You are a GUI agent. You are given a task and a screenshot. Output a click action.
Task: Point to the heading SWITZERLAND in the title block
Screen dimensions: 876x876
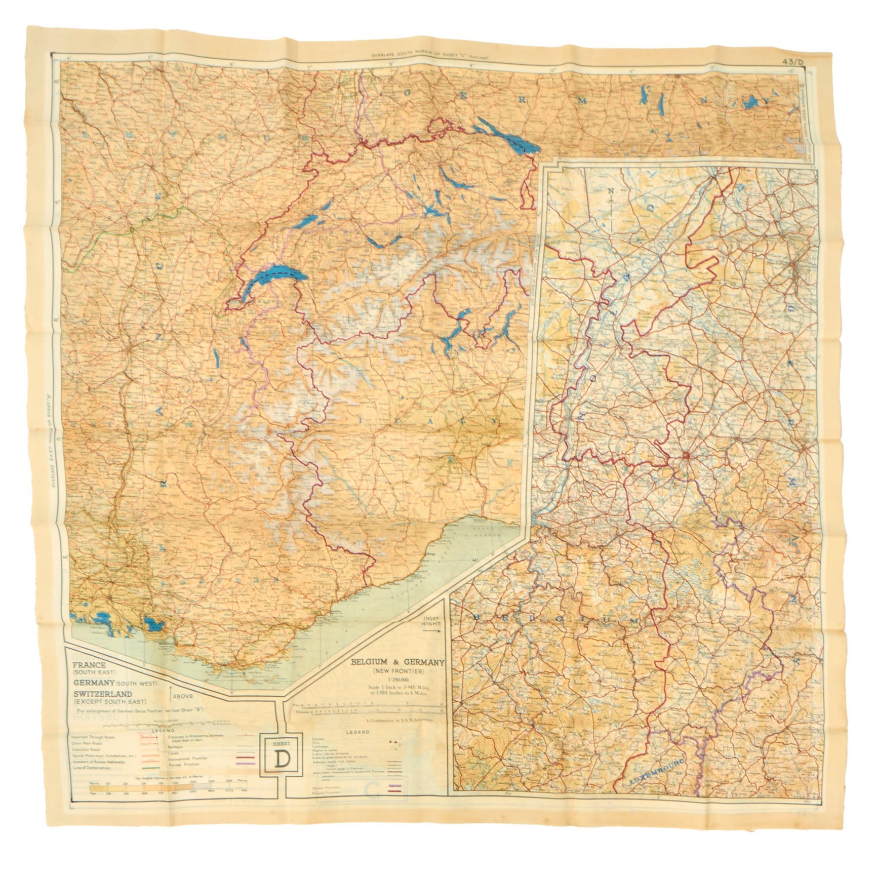point(102,693)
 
